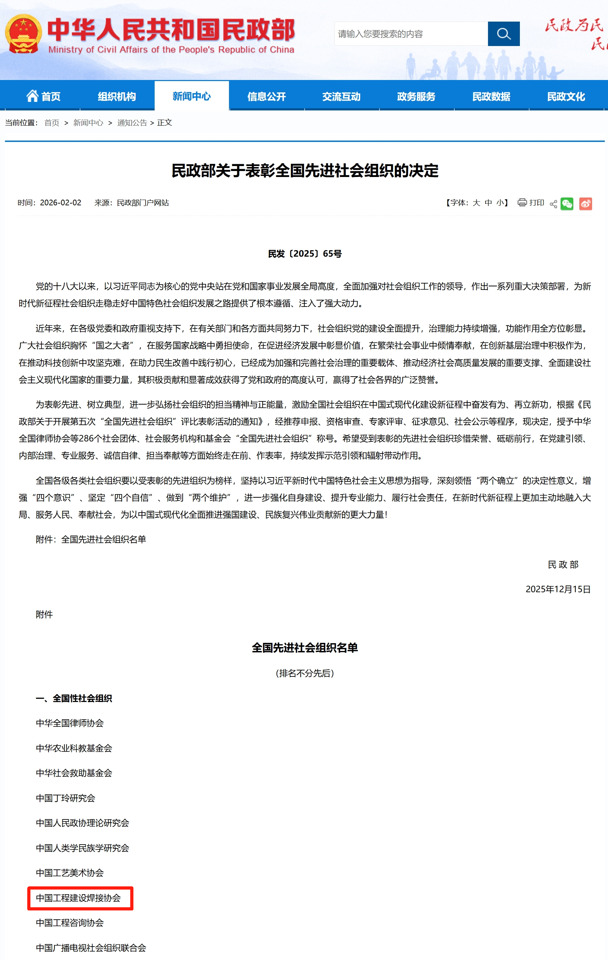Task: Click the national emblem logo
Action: pos(23,34)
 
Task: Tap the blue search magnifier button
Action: pos(504,34)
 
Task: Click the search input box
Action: pos(411,34)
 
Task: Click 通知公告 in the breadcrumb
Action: pos(132,123)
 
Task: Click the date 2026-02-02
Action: pos(61,202)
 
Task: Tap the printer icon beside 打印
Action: pos(522,202)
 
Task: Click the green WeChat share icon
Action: pos(567,204)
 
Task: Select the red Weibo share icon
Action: pos(585,204)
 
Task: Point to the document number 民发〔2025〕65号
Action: pos(305,253)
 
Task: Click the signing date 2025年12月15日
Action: pos(558,589)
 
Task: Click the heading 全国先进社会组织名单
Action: pos(305,648)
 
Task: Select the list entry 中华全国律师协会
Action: pos(70,723)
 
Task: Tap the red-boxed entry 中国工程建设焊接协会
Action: pos(78,898)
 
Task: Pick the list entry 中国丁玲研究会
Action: pos(65,798)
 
